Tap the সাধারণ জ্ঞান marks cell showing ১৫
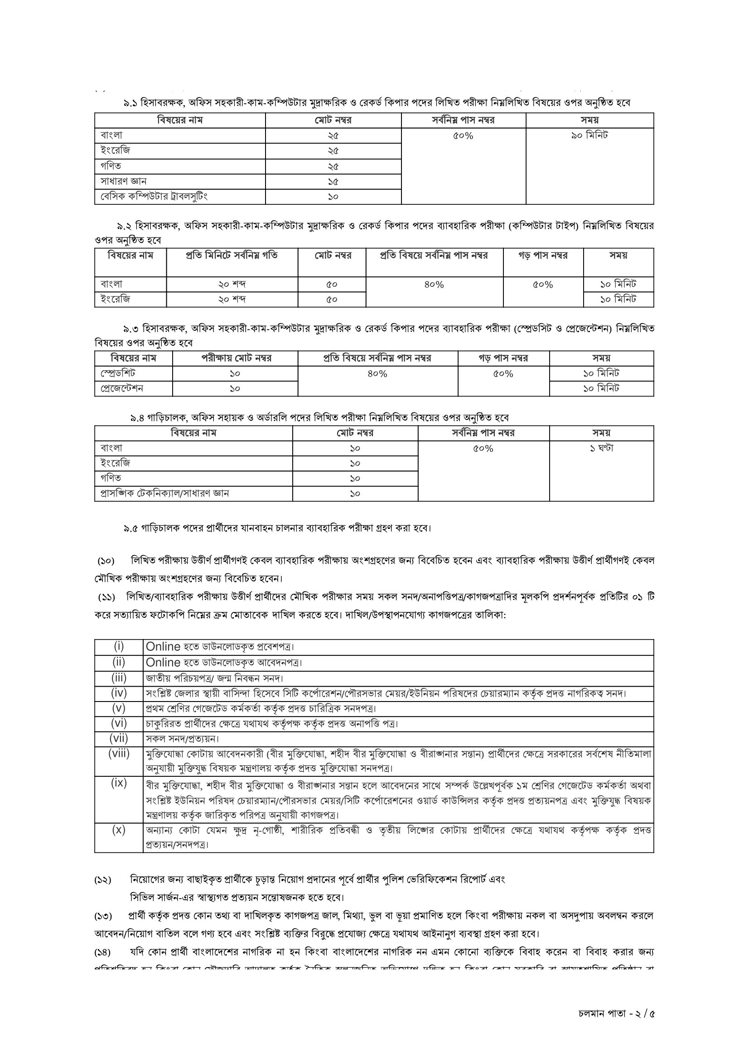(x=333, y=181)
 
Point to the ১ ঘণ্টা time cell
(x=601, y=448)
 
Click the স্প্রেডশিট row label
(x=118, y=373)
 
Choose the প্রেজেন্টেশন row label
(x=122, y=389)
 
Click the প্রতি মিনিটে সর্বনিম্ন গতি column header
(x=232, y=256)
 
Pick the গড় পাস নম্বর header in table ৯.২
(x=543, y=256)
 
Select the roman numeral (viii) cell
(x=119, y=755)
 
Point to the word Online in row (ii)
(x=163, y=663)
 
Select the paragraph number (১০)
(x=106, y=561)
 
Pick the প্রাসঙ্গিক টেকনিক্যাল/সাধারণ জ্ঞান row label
(x=165, y=494)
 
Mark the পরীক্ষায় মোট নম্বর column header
(x=236, y=358)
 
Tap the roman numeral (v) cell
(x=119, y=708)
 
